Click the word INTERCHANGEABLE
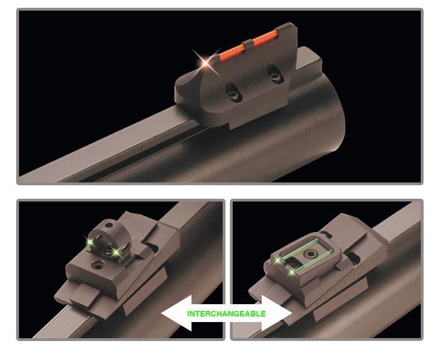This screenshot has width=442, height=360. pyautogui.click(x=227, y=314)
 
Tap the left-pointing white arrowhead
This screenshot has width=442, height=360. pyautogui.click(x=176, y=313)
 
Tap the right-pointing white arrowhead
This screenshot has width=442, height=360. pyautogui.click(x=277, y=313)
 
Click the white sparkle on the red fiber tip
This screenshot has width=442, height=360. pyautogui.click(x=206, y=62)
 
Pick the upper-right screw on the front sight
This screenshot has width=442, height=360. pyautogui.click(x=274, y=76)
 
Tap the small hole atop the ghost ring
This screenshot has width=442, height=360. pyautogui.click(x=108, y=225)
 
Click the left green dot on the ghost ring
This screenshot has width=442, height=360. pyautogui.click(x=91, y=242)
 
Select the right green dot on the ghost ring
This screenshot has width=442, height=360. pyautogui.click(x=116, y=253)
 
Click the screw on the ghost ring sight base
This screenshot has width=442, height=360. pyautogui.click(x=97, y=265)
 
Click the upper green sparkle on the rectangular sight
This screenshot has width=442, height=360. pyautogui.click(x=278, y=261)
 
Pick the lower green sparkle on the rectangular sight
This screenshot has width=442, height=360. pyautogui.click(x=291, y=272)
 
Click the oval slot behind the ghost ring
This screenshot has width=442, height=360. pyautogui.click(x=152, y=248)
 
